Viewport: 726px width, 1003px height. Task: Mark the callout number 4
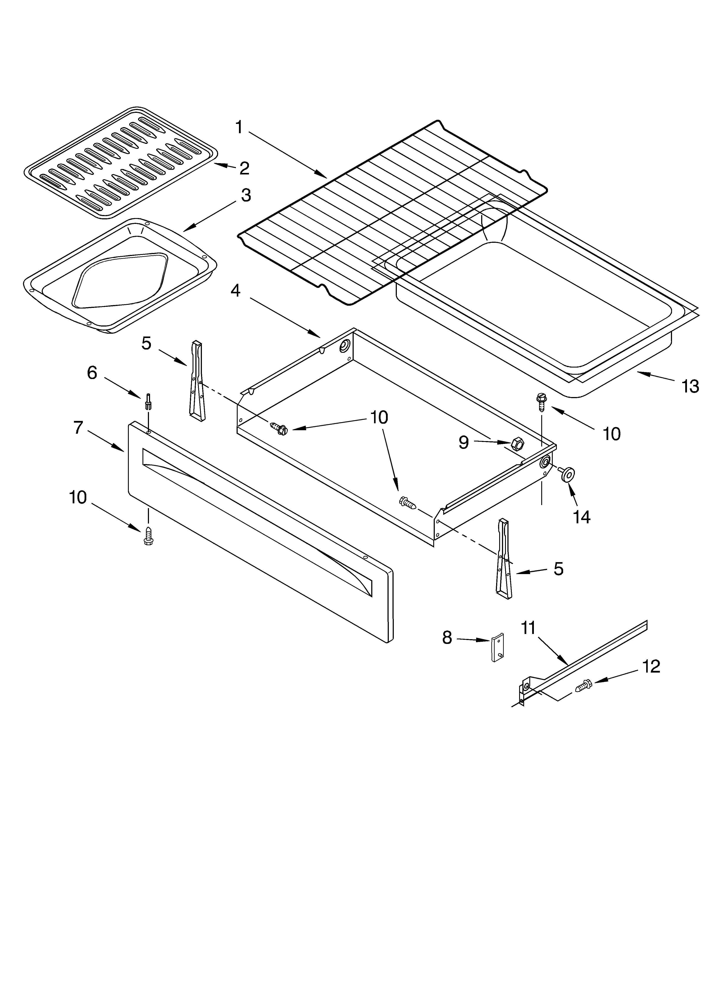tap(236, 291)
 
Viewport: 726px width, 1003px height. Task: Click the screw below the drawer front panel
tap(148, 537)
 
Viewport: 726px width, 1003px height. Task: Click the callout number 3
tap(246, 195)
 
